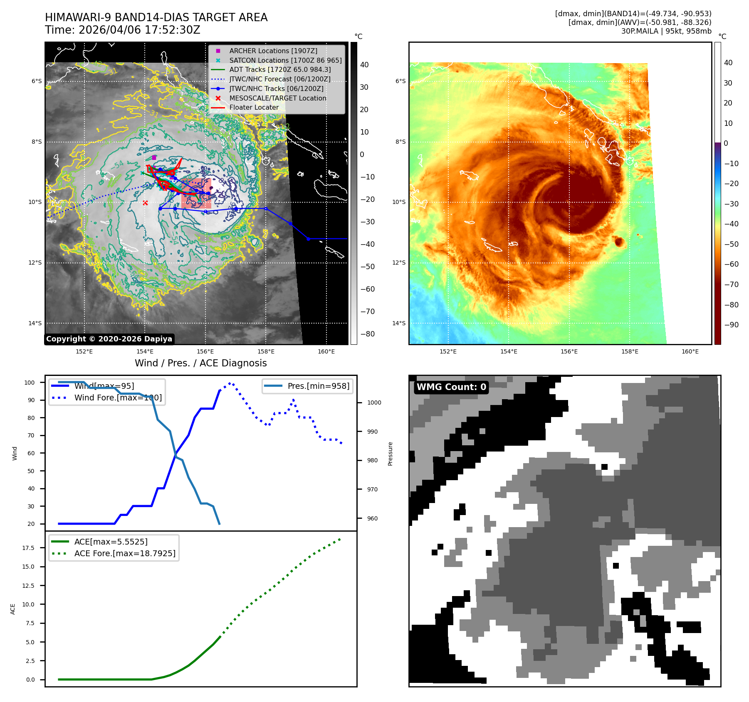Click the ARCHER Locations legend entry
tap(273, 51)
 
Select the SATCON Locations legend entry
tap(285, 60)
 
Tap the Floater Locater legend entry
tap(254, 107)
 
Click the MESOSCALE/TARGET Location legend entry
tap(277, 98)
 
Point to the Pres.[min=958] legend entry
tap(318, 386)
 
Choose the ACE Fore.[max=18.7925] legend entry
tap(125, 553)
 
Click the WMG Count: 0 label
tap(451, 387)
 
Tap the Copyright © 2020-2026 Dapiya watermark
tap(109, 339)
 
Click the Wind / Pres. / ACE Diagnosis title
tap(200, 363)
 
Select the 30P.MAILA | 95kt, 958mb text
tap(666, 31)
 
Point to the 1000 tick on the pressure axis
tap(374, 403)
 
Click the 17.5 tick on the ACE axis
tap(29, 548)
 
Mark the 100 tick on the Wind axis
tap(30, 383)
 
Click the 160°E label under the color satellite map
tap(690, 351)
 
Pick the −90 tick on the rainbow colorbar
tap(731, 325)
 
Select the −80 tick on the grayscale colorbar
tap(367, 334)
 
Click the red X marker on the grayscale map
tap(145, 203)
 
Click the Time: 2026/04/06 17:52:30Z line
tap(123, 30)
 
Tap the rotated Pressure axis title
tap(390, 454)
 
